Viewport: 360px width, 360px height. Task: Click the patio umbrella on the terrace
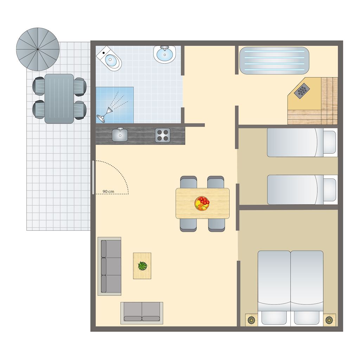point(38,49)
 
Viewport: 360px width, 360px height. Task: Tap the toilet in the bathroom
point(109,59)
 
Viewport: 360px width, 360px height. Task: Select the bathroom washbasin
point(165,54)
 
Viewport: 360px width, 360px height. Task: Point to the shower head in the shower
point(101,118)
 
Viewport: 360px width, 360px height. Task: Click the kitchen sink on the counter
point(120,135)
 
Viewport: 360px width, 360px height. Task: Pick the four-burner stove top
point(163,135)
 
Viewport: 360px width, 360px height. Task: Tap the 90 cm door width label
point(108,191)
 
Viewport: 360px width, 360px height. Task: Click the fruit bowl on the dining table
point(202,203)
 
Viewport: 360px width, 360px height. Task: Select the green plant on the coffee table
point(143,266)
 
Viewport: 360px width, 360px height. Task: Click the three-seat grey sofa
point(110,266)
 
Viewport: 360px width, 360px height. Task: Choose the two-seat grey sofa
point(142,313)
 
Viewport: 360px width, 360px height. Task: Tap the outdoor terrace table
point(59,99)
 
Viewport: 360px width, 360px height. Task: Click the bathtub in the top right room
point(274,60)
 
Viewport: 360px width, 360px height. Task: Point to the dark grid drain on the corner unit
point(302,91)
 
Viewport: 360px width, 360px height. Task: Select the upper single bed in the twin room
point(302,143)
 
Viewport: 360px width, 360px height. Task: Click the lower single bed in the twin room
point(302,189)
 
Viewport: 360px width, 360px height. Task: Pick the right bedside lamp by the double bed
point(329,320)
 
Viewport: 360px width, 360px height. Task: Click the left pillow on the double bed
point(274,318)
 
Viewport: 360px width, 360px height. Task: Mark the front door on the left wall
point(93,177)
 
